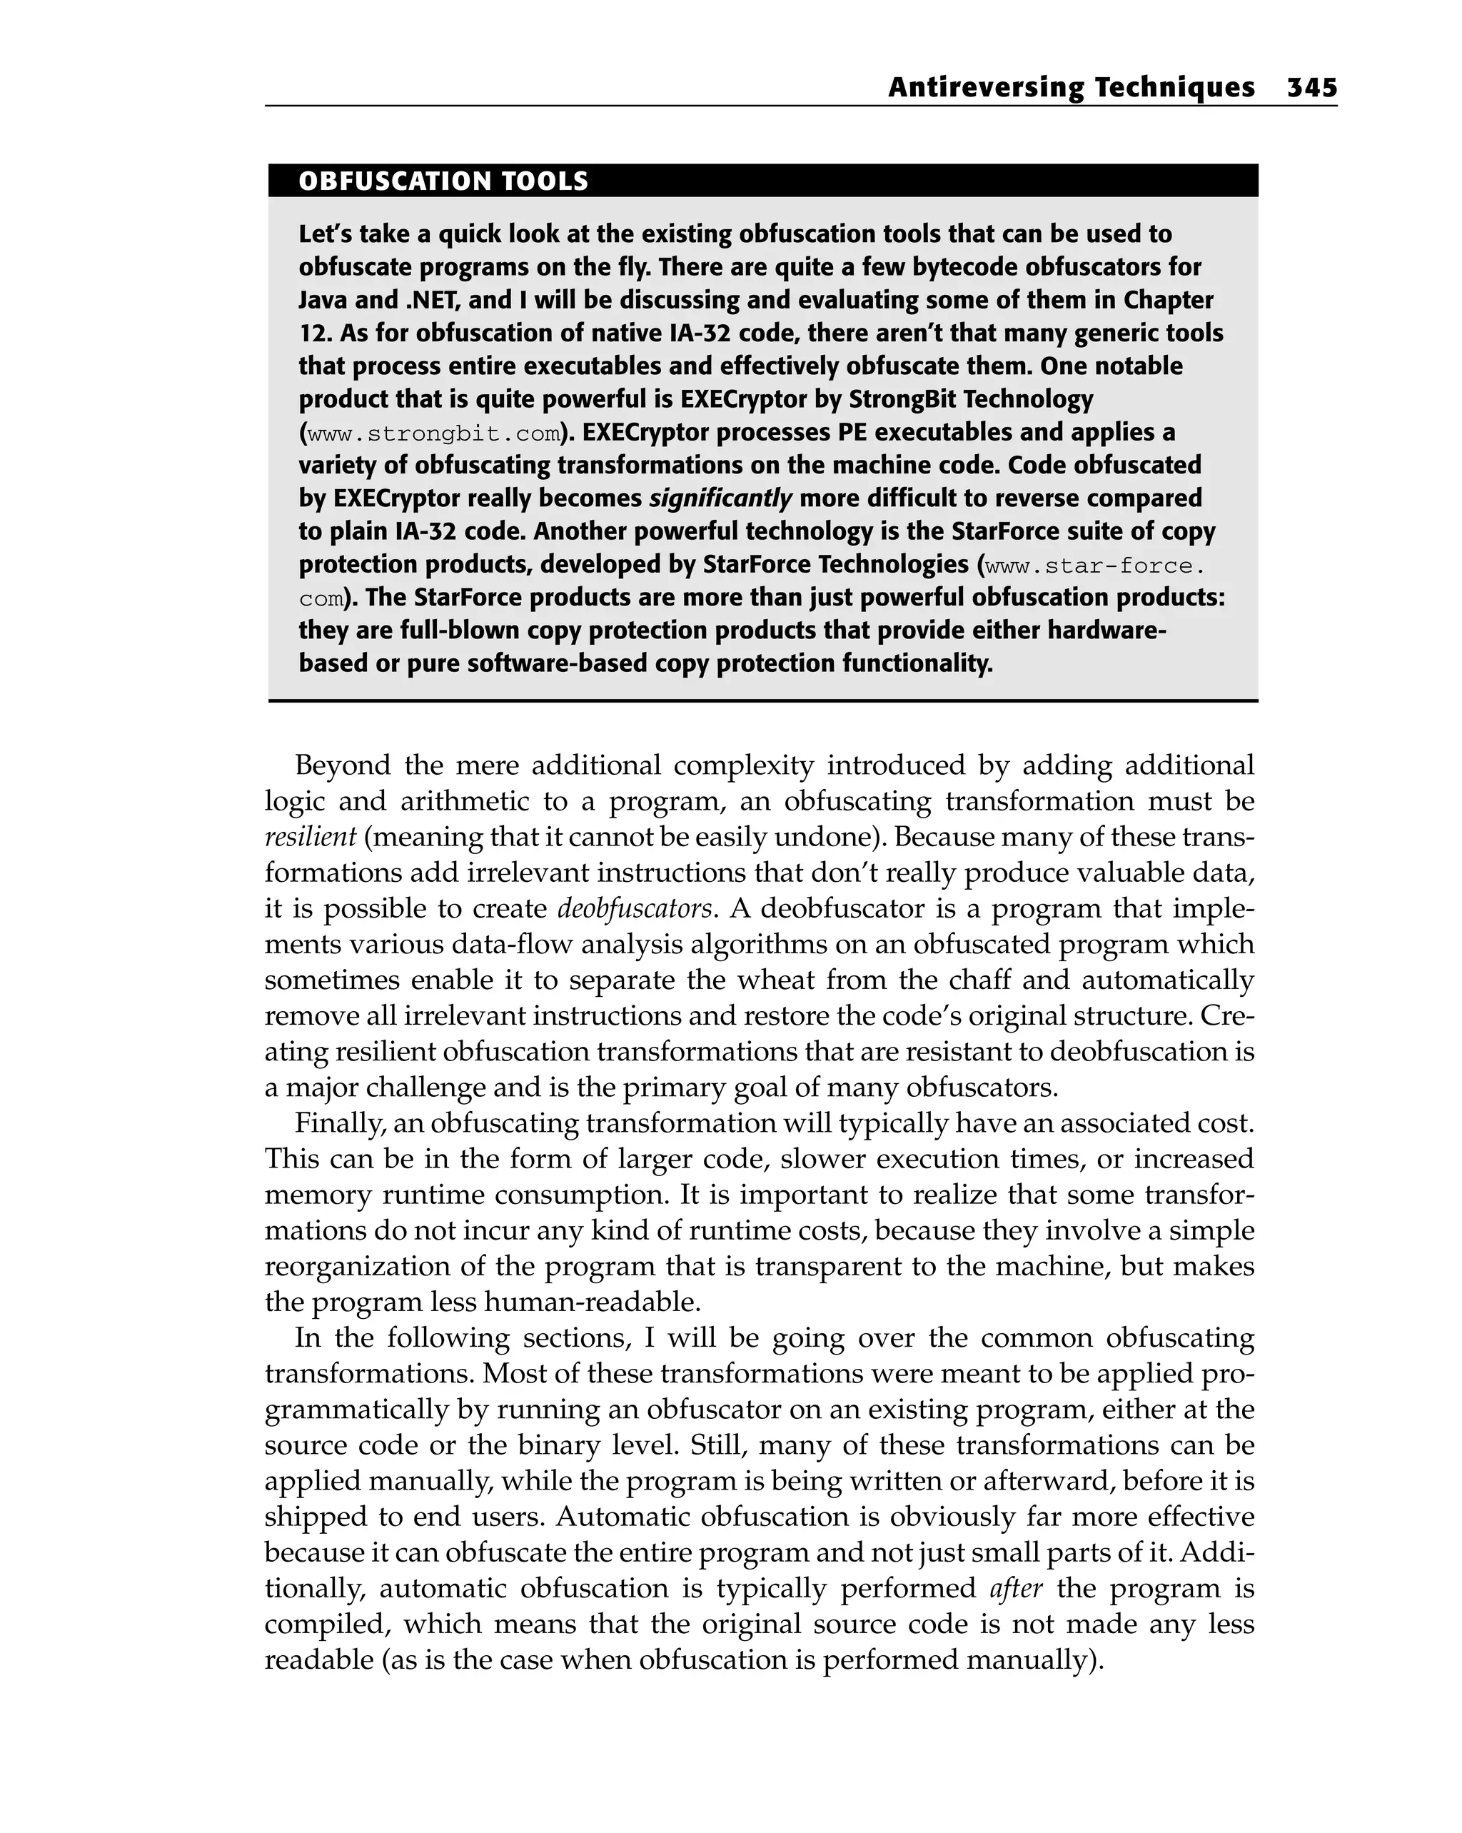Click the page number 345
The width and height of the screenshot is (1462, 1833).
[x=1311, y=88]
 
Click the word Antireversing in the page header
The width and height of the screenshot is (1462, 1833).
[x=985, y=88]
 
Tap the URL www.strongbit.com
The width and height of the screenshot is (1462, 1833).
[x=433, y=434]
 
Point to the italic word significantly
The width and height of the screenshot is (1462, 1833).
[x=720, y=498]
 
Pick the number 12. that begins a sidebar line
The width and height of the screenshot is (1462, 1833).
[x=316, y=333]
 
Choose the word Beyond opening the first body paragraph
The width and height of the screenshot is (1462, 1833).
[x=343, y=765]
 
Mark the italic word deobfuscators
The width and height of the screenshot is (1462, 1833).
[x=634, y=908]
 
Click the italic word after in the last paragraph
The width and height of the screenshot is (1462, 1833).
[x=1016, y=1588]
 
